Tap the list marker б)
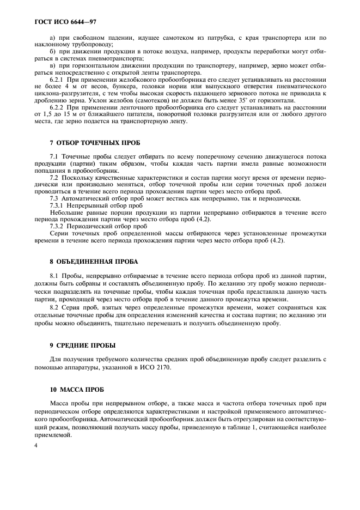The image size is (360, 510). [52, 51]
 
